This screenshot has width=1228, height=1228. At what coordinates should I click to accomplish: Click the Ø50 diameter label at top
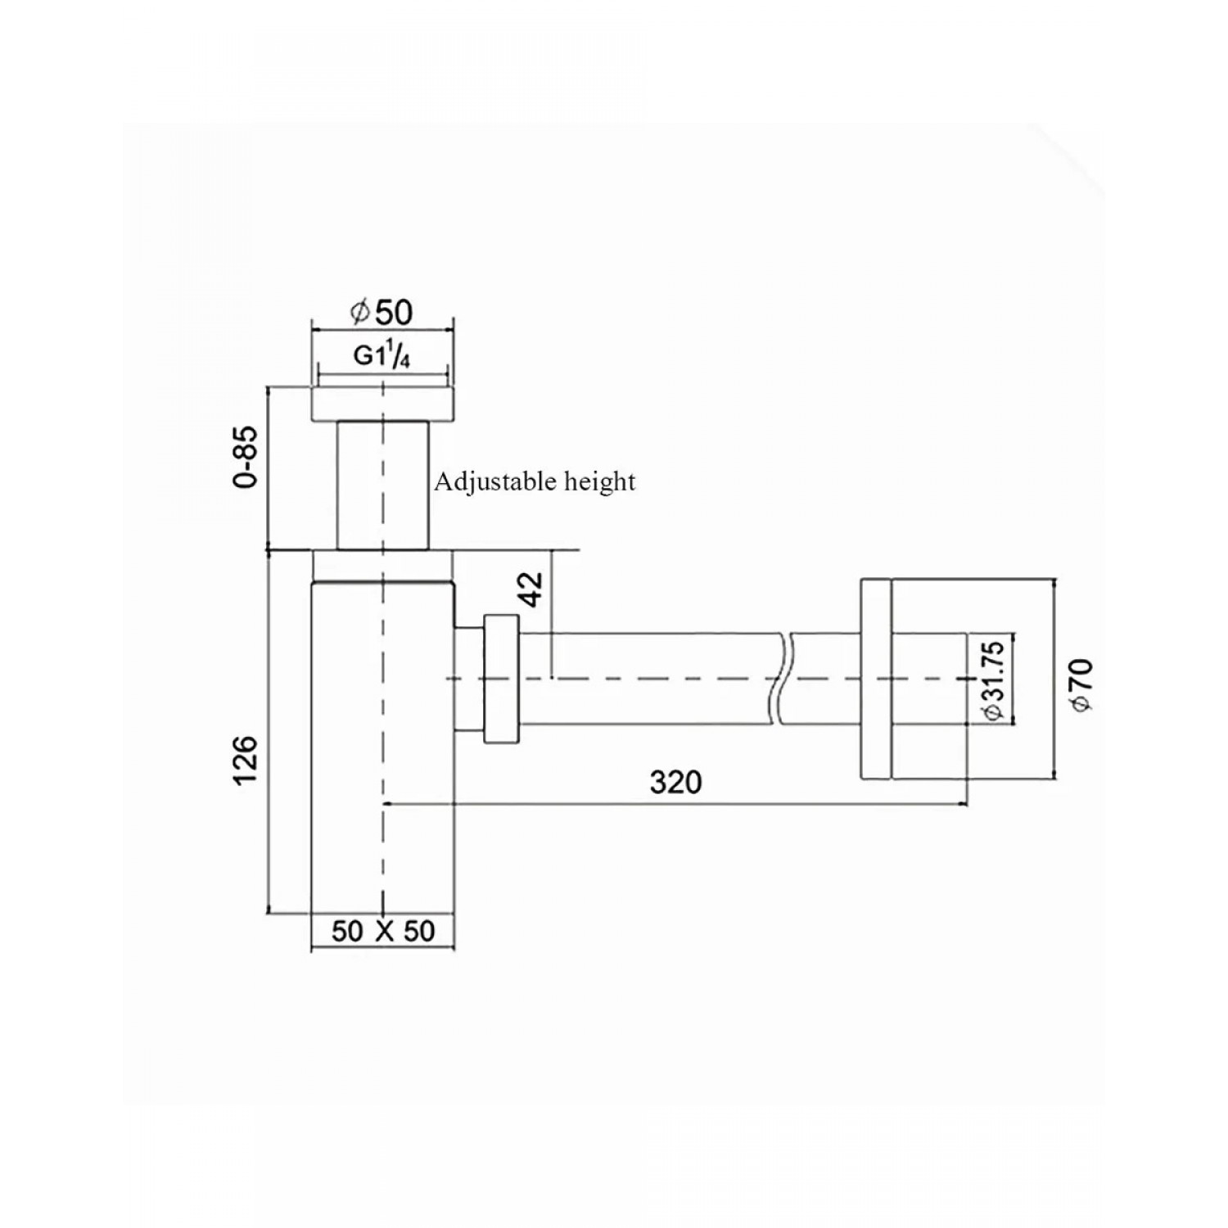point(381,312)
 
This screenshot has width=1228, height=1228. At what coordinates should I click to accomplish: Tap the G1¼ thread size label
point(381,357)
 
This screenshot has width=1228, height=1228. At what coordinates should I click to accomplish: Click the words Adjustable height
point(535,481)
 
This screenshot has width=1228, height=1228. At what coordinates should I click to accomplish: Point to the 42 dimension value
point(531,589)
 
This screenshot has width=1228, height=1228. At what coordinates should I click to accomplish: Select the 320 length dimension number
point(675,783)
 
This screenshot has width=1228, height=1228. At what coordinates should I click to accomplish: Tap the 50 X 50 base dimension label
point(383,932)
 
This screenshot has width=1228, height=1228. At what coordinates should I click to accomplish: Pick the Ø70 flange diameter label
point(1081,684)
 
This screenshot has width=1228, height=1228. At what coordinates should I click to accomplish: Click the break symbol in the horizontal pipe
point(779,679)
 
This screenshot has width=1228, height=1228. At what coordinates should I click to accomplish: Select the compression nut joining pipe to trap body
point(501,679)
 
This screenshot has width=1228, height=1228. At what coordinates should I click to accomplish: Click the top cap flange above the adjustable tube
point(382,404)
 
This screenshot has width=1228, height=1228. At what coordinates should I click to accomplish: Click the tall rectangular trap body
point(382,745)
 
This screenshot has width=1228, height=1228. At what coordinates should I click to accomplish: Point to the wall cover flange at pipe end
point(875,679)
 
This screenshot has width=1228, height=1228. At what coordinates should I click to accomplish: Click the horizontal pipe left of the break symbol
point(647,679)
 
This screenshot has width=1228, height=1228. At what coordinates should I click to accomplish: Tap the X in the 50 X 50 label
point(383,932)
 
